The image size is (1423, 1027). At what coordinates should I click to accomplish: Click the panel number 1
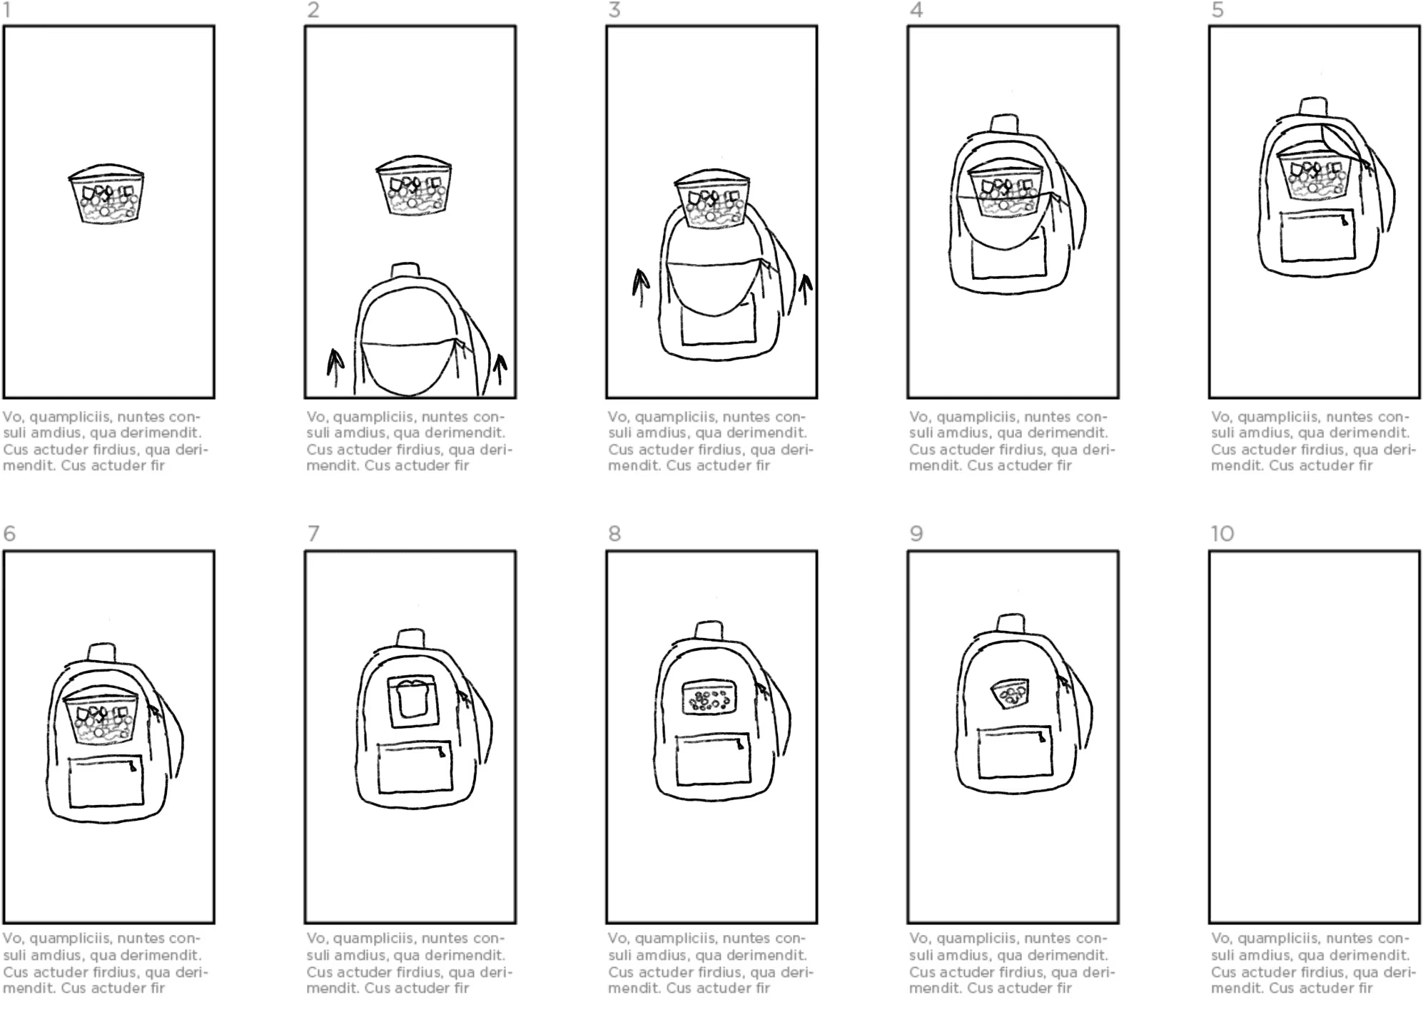7,10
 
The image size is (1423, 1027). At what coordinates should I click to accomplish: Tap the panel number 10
1222,534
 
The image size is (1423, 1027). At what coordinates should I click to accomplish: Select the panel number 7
313,534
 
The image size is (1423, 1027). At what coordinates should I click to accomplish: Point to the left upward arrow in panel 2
334,366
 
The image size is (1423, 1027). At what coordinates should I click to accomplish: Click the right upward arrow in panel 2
500,371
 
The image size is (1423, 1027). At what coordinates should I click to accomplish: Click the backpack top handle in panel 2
405,270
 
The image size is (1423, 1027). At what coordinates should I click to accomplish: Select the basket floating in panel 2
414,186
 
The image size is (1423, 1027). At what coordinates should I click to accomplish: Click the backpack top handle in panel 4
1004,122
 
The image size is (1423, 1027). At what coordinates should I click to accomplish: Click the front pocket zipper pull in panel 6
133,767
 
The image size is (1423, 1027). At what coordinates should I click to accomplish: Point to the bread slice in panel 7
412,699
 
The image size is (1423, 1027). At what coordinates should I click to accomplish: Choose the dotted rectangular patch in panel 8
709,697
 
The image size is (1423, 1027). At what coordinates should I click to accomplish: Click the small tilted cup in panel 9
1010,694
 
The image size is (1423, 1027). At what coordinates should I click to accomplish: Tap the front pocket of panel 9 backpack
1016,752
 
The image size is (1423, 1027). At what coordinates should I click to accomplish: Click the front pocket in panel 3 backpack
718,320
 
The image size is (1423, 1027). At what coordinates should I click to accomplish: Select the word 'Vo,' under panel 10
1222,938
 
